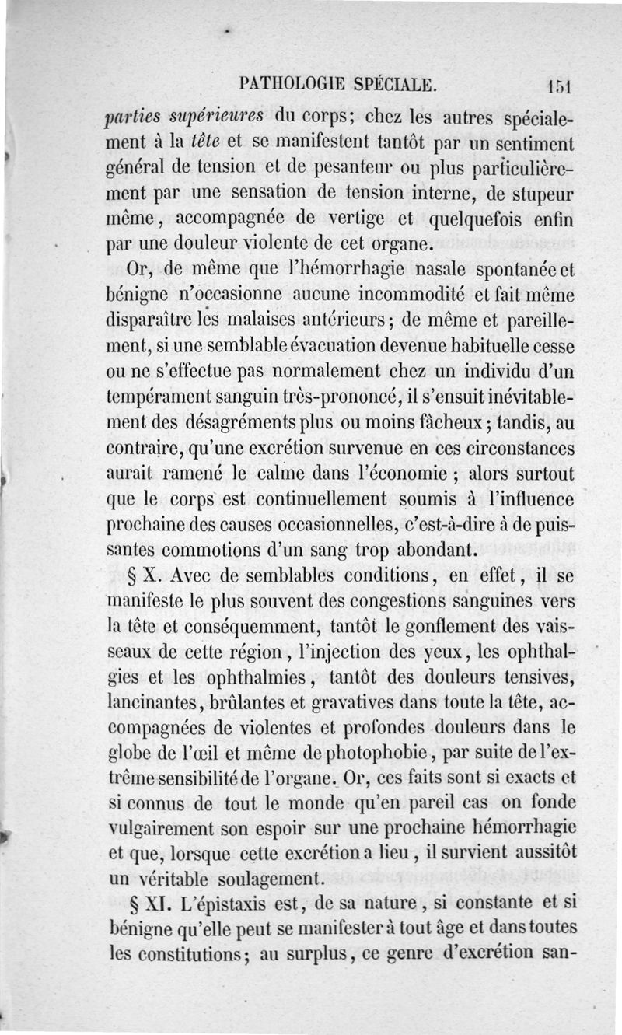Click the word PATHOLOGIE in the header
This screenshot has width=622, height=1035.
pyautogui.click(x=285, y=83)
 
